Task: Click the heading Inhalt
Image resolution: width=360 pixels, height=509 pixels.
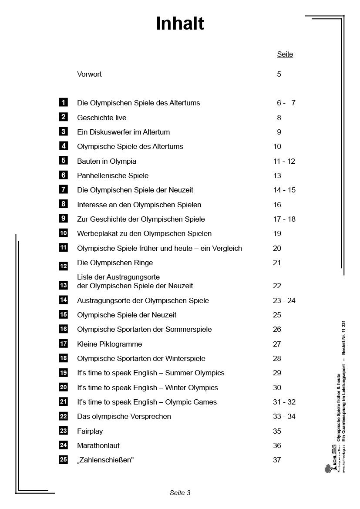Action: (x=180, y=24)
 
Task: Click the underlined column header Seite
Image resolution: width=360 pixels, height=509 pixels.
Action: (x=285, y=54)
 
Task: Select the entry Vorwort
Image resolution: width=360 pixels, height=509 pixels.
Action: (x=89, y=74)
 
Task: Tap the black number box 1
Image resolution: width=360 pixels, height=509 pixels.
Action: (x=64, y=102)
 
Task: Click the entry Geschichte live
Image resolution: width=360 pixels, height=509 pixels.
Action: (x=101, y=118)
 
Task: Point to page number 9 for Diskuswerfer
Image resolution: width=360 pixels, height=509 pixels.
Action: (x=279, y=132)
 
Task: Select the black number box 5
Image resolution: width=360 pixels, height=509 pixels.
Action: (x=64, y=161)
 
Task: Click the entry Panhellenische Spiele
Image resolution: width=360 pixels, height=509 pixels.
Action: (x=113, y=175)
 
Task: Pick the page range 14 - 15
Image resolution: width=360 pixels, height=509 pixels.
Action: (x=284, y=190)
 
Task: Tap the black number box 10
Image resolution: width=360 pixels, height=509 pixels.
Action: (x=64, y=233)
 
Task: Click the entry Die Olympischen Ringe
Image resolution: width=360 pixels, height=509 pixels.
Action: (x=115, y=263)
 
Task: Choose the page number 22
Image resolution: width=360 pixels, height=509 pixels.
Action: (x=277, y=286)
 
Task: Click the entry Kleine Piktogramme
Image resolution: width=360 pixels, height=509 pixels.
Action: (x=109, y=344)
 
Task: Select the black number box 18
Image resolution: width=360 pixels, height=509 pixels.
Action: (x=64, y=358)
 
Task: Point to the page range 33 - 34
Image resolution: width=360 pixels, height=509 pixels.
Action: (x=284, y=416)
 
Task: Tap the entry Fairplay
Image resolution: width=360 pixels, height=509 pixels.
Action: (x=90, y=431)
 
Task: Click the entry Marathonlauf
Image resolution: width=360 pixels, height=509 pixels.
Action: (x=98, y=445)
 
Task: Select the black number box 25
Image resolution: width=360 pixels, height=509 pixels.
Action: (x=64, y=459)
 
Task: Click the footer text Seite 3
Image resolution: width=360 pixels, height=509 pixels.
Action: (x=180, y=493)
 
